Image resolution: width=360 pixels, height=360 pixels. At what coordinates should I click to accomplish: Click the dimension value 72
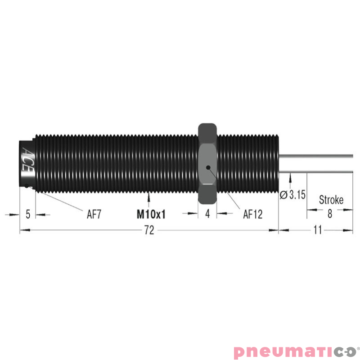pyautogui.click(x=149, y=230)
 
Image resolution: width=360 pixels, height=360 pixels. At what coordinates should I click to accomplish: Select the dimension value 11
pyautogui.click(x=318, y=230)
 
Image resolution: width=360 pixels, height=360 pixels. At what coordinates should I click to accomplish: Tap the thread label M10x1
pyautogui.click(x=151, y=214)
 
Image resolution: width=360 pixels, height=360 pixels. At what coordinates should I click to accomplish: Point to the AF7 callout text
pyautogui.click(x=94, y=214)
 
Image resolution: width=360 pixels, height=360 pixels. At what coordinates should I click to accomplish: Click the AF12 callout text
pyautogui.click(x=253, y=214)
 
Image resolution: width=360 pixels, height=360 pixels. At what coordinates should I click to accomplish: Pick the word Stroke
pyautogui.click(x=331, y=200)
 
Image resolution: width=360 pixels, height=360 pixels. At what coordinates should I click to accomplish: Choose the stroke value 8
pyautogui.click(x=329, y=214)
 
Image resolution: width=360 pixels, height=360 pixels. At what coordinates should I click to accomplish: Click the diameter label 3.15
pyautogui.click(x=297, y=195)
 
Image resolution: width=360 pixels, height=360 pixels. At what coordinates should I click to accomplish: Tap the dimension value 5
pyautogui.click(x=28, y=214)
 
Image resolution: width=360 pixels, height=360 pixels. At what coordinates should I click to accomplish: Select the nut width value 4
pyautogui.click(x=207, y=214)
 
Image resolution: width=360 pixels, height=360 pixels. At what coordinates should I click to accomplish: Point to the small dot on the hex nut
pyautogui.click(x=207, y=167)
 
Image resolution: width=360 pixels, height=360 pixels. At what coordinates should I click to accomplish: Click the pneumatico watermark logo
pyautogui.click(x=295, y=351)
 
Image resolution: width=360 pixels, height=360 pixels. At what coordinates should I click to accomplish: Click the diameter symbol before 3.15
pyautogui.click(x=283, y=195)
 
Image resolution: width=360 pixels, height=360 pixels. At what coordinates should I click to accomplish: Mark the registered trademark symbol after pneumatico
pyautogui.click(x=358, y=347)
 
